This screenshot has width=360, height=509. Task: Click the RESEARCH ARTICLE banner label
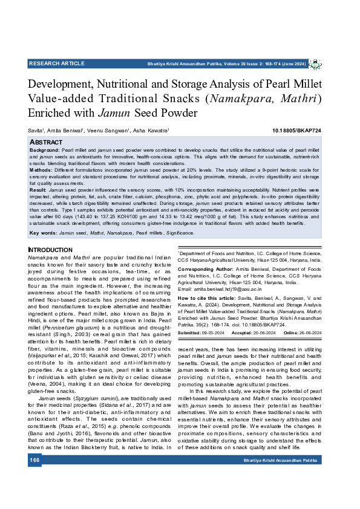(x=56, y=63)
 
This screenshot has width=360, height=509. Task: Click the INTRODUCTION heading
(x=50, y=250)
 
